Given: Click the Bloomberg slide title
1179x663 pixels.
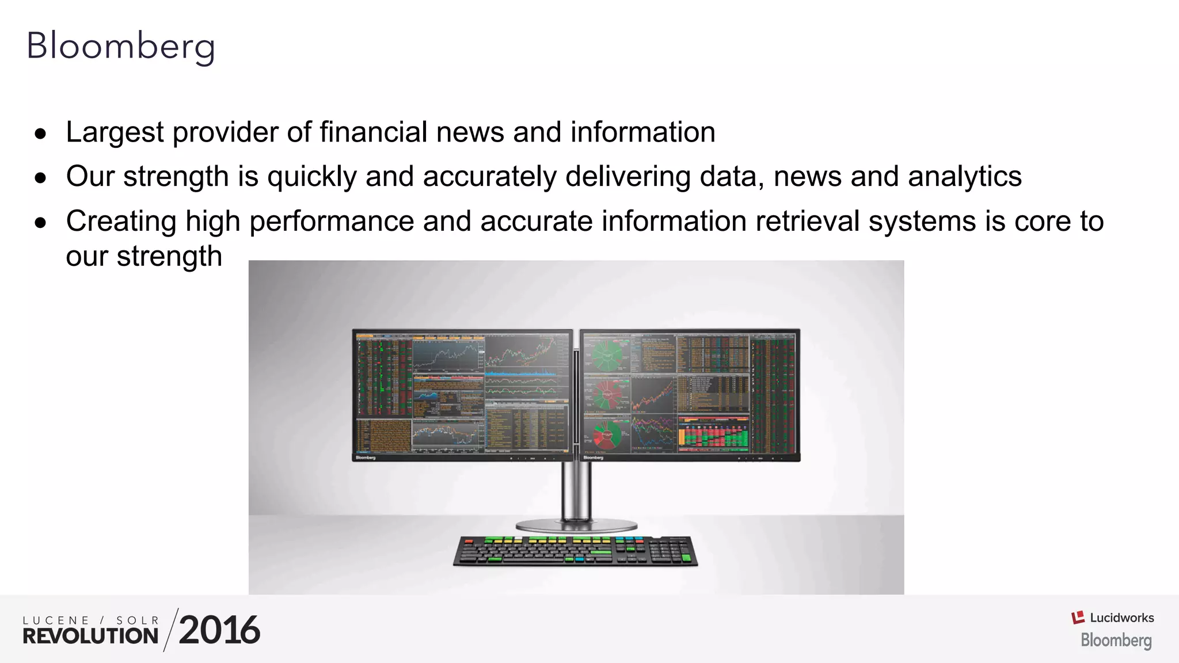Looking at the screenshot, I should click(x=121, y=46).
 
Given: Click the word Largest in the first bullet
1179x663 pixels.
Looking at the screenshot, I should click(x=115, y=132).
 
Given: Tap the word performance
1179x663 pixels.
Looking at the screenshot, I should click(x=331, y=222).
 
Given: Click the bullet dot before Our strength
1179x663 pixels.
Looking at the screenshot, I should click(x=40, y=178).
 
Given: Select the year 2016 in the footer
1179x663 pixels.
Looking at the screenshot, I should click(x=219, y=630).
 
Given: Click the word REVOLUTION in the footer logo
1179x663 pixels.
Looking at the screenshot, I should click(x=90, y=636).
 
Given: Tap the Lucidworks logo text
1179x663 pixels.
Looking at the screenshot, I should click(x=1121, y=618).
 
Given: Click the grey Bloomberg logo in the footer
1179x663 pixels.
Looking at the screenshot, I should click(x=1116, y=640).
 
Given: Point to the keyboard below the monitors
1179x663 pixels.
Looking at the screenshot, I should click(x=575, y=551).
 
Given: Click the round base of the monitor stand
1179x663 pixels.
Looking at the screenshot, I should click(x=576, y=525).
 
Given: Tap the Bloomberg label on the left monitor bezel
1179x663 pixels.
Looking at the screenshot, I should click(x=366, y=458).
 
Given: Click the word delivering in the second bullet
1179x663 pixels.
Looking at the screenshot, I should click(x=628, y=177).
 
